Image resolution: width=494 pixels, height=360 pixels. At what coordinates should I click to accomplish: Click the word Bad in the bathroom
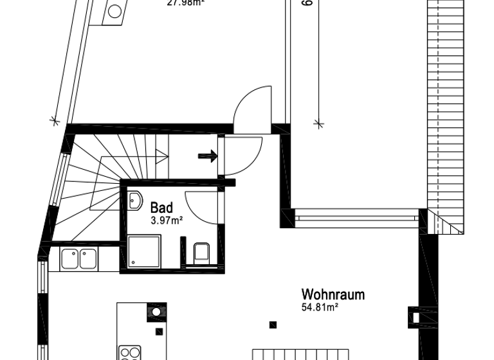(161, 208)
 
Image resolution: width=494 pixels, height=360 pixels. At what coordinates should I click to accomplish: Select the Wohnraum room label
(333, 295)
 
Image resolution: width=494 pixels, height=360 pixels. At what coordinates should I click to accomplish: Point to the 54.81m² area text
(320, 308)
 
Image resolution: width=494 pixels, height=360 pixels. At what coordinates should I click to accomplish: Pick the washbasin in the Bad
(135, 201)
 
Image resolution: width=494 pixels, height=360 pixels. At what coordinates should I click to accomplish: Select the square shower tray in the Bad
(144, 252)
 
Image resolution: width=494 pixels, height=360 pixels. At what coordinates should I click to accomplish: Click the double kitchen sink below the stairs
(78, 259)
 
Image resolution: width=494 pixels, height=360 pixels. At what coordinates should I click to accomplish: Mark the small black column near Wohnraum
(273, 324)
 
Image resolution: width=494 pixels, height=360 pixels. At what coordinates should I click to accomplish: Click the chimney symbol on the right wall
(414, 316)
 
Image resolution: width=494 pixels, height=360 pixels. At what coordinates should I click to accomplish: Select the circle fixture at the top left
(114, 11)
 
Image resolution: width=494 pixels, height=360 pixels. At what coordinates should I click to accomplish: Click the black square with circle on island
(156, 312)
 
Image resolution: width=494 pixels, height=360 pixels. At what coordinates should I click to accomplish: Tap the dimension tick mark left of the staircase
(54, 120)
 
